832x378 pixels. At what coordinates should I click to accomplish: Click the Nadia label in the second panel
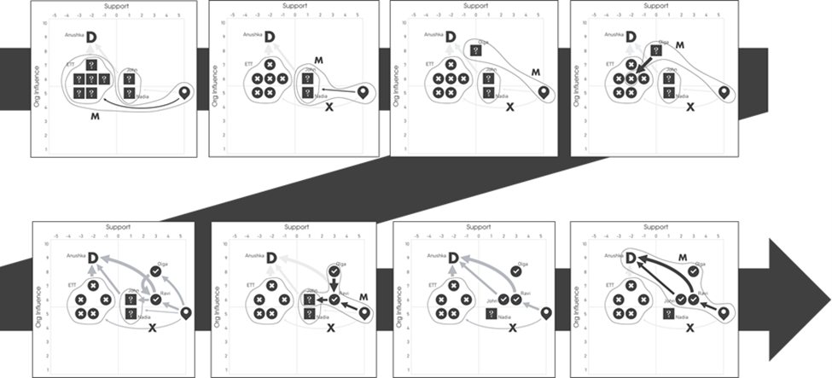tap(321, 97)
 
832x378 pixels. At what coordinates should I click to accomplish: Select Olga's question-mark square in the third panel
tap(483, 52)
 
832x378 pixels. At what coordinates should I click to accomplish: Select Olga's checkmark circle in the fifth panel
tap(155, 270)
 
